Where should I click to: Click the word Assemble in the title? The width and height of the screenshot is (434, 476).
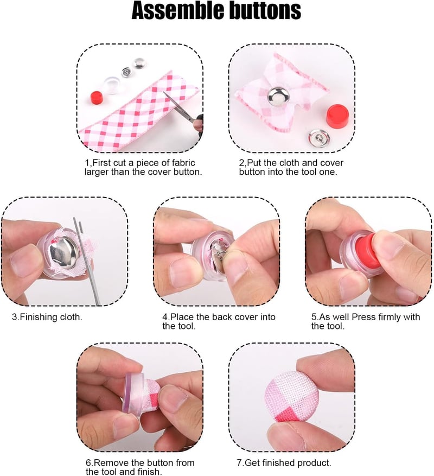177,10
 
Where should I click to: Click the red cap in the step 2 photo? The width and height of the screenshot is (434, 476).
337,116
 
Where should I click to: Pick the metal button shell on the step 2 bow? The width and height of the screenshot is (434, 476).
277,96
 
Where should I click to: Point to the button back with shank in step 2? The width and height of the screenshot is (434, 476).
318,139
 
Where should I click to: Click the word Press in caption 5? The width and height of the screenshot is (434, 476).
363,317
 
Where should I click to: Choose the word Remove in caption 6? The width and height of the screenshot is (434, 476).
111,463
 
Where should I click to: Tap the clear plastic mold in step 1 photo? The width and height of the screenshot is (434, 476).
113,84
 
